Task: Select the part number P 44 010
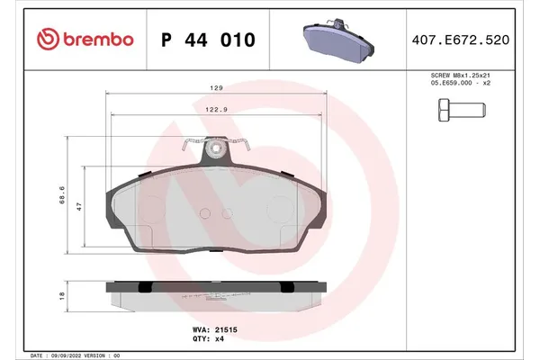[x=208, y=40]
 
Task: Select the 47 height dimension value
[x=79, y=206]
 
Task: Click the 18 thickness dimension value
[x=60, y=294]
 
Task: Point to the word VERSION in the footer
[x=107, y=355]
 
